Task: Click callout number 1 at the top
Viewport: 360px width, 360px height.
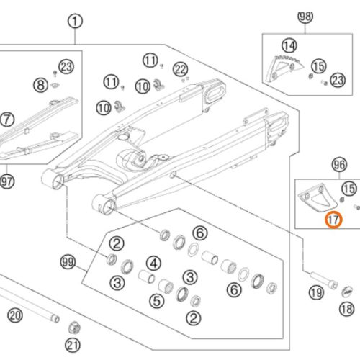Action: click(x=75, y=22)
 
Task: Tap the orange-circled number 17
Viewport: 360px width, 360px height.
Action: click(x=333, y=220)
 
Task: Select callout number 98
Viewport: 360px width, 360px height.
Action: click(x=305, y=17)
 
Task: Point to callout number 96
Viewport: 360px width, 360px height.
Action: click(x=340, y=165)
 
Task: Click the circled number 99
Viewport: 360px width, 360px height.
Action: click(x=68, y=262)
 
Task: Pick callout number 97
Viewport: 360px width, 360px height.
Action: click(x=6, y=181)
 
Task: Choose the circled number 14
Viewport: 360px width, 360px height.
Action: click(x=289, y=45)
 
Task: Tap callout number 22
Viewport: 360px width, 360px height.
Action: click(x=181, y=70)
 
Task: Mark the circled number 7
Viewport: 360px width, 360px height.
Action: click(x=7, y=120)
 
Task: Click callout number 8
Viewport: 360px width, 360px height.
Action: click(x=40, y=85)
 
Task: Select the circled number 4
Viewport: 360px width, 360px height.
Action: click(x=154, y=264)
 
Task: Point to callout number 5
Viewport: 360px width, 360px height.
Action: click(x=157, y=301)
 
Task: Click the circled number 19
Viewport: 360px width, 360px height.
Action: click(x=316, y=292)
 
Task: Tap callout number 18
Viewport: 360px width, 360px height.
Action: click(x=347, y=309)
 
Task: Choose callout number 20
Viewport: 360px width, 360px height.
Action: click(x=15, y=315)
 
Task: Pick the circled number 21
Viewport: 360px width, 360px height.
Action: click(x=73, y=346)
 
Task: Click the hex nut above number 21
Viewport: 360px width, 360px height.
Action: click(x=74, y=328)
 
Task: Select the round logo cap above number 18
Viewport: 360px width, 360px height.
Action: click(x=347, y=292)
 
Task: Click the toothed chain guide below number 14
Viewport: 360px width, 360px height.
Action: click(x=283, y=68)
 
